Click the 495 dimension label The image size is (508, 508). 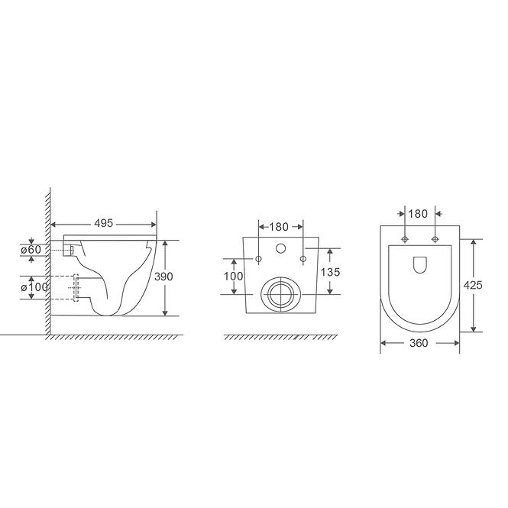pos(103,223)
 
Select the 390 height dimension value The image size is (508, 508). pos(163,277)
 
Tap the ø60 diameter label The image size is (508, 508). pos(31,250)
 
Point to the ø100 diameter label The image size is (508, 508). pos(34,287)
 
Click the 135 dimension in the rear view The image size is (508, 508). pos(331,272)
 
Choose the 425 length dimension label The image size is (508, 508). pos(473,285)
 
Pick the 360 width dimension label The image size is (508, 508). pos(419,343)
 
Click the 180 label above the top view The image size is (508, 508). pos(418,214)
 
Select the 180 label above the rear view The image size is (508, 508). pos(279,227)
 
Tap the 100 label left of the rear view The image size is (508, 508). pos(233,276)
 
